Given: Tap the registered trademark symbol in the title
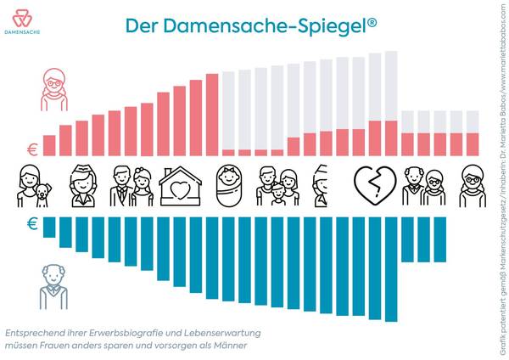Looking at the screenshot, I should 372,21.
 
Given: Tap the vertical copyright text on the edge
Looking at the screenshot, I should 501,180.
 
